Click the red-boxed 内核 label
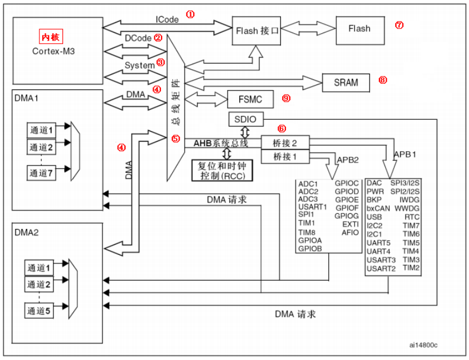tap(50, 37)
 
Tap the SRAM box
tap(346, 82)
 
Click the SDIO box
tap(245, 120)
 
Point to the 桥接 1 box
tap(286, 157)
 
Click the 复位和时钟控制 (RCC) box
tap(222, 170)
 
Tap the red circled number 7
tap(399, 25)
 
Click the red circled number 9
tap(286, 98)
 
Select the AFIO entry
tap(350, 232)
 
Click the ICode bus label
tap(167, 19)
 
